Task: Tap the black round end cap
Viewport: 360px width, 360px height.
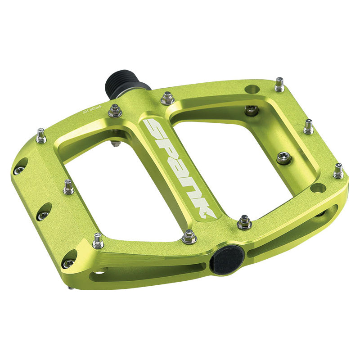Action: pos(227,260)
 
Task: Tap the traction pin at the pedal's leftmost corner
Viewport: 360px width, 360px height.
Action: pos(41,135)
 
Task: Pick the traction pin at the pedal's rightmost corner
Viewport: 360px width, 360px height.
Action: pos(338,171)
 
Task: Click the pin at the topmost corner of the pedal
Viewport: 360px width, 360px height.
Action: pos(279,84)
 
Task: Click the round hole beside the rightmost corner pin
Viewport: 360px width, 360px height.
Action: pos(318,188)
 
